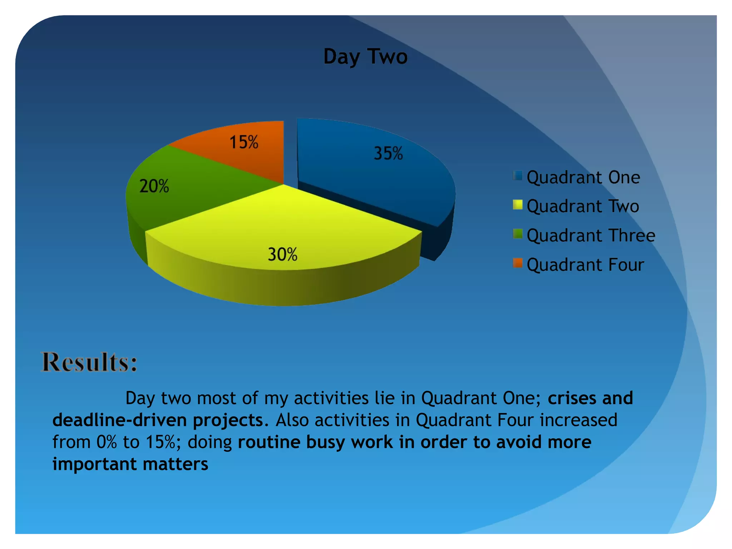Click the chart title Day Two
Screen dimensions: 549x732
click(365, 56)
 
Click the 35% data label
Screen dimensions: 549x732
click(388, 153)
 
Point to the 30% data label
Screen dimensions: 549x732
click(282, 254)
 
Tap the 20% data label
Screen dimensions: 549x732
click(154, 186)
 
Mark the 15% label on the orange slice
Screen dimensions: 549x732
click(244, 142)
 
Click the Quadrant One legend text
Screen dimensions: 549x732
click(583, 177)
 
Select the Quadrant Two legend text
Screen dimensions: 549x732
click(583, 206)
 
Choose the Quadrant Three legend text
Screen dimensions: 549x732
click(591, 236)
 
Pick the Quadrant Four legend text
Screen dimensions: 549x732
click(585, 265)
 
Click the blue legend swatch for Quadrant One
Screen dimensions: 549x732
click(518, 175)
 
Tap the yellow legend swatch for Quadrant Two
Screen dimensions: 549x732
click(518, 205)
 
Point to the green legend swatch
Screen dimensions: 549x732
click(518, 234)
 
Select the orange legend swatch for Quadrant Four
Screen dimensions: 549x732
click(518, 263)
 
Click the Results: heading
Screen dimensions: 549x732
click(89, 362)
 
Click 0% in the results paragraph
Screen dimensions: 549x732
click(107, 442)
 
